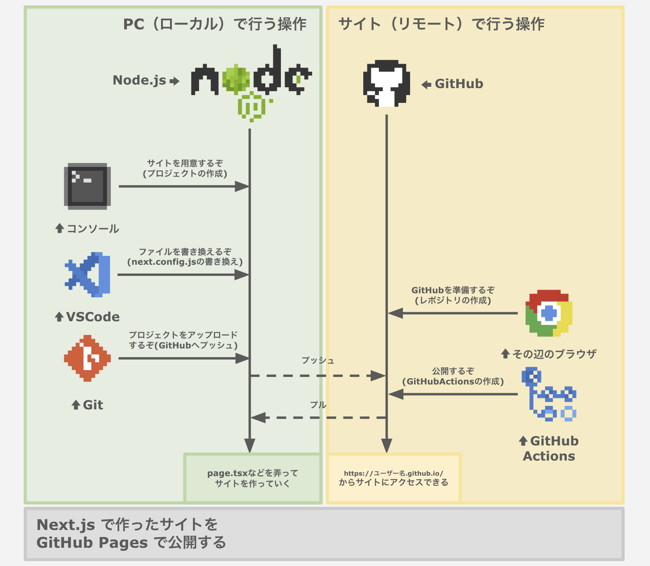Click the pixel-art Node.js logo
pos(252,82)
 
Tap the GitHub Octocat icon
pos(386,84)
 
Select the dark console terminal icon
pos(87,186)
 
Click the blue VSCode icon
pos(88,275)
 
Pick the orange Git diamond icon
pos(87,358)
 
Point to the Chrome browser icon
pos(548,313)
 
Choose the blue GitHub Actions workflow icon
pos(548,395)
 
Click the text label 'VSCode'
pos(93,317)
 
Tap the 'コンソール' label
pos(93,229)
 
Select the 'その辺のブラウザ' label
pos(554,354)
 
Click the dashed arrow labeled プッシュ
pos(318,376)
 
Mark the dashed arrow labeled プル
pos(318,418)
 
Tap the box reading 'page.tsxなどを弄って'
pos(252,478)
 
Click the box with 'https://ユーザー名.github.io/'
pos(394,478)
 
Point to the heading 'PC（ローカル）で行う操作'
pos(215,24)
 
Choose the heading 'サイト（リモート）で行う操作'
pos(441,24)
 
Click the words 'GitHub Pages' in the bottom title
pos(92,543)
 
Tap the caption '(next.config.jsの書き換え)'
pos(185,262)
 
